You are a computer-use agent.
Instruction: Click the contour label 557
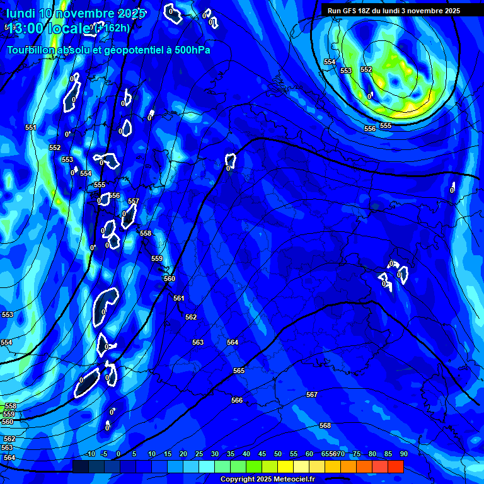pos(133,202)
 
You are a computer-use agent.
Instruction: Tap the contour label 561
pos(179,299)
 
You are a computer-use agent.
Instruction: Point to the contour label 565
pos(238,371)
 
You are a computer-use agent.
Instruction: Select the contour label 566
pos(237,401)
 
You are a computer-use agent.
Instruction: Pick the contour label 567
pos(312,395)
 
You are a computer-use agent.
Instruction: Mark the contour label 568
pos(325,426)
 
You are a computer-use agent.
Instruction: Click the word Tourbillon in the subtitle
pos(32,50)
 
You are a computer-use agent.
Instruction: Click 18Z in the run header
pos(365,11)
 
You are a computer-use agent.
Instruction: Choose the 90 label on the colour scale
pos(403,454)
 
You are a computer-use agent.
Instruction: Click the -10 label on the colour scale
pos(90,454)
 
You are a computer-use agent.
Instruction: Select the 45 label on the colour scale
pos(262,454)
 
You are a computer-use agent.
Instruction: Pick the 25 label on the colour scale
pos(199,454)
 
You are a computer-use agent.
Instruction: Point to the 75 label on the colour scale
pos(357,454)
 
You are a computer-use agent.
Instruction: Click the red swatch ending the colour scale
pos(396,466)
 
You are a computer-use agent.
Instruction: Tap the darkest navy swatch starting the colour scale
pos(80,466)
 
